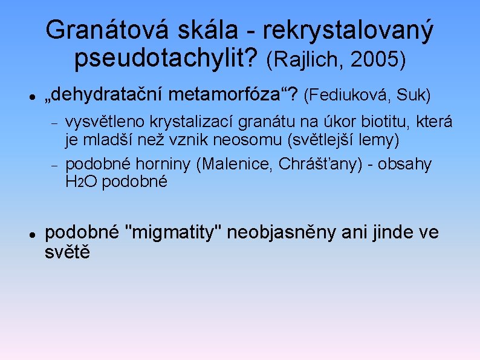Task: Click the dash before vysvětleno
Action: click(x=54, y=123)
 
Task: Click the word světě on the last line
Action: click(x=67, y=252)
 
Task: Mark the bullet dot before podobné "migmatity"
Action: click(x=31, y=233)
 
